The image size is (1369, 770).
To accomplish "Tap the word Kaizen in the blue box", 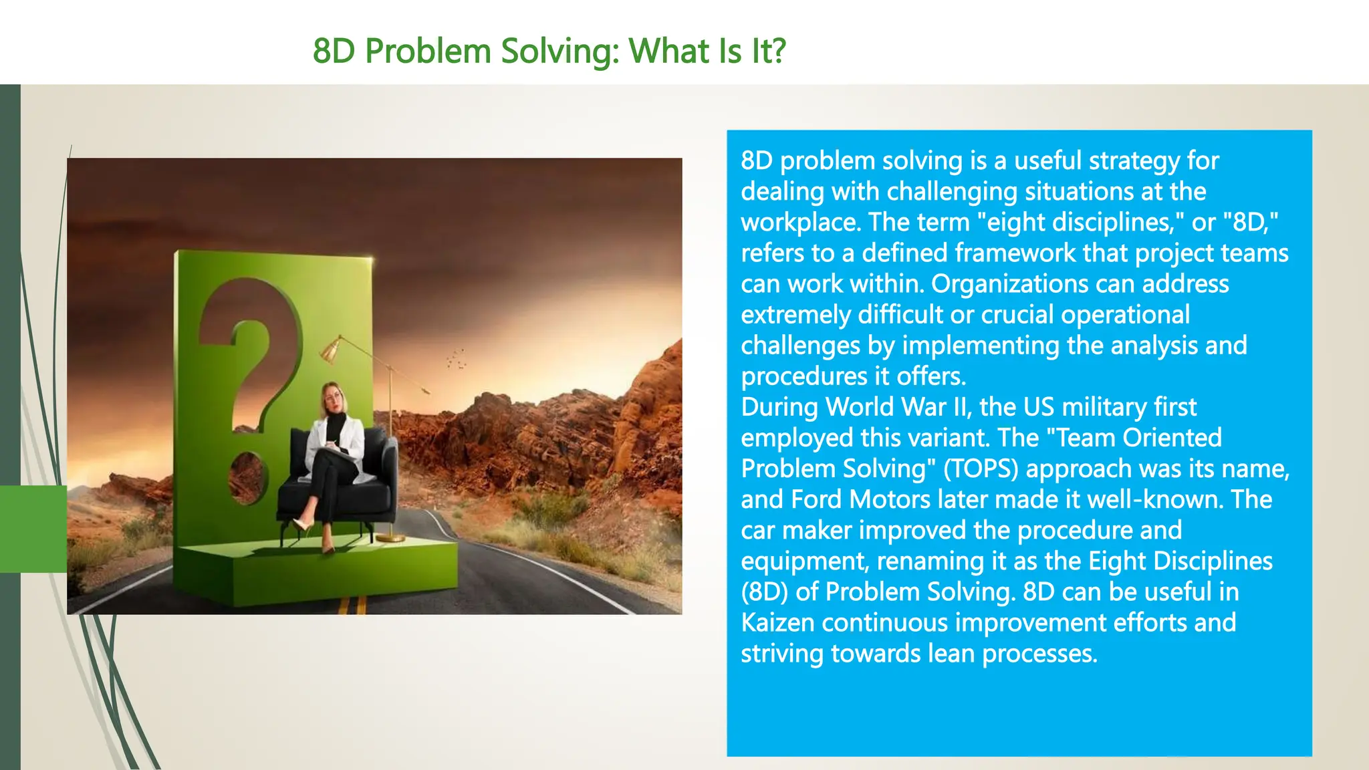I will coord(777,623).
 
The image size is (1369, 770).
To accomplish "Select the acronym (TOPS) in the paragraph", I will coord(980,469).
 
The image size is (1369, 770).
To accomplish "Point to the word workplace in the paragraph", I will coord(799,223).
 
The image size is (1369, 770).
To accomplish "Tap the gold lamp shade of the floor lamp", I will coord(330,350).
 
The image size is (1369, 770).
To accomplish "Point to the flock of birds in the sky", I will coord(457,359).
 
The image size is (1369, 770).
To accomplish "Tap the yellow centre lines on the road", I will coord(352,605).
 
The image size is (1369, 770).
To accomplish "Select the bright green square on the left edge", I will coord(33,529).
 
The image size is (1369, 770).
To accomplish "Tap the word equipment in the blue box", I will coord(803,561).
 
